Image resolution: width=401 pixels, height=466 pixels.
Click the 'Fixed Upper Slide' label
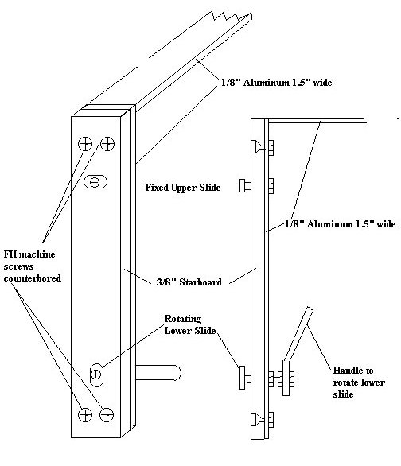pos(183,188)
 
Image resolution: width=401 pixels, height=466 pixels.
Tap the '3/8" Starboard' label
pos(189,282)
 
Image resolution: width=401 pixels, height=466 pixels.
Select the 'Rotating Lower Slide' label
pos(190,324)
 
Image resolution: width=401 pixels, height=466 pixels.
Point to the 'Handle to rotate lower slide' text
pos(359,383)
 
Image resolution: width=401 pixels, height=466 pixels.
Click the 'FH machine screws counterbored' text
pos(32,266)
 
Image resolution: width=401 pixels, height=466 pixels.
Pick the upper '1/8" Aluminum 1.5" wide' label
pos(276,83)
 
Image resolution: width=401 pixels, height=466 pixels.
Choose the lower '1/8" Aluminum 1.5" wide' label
pos(340,223)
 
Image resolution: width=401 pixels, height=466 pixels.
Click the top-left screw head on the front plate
pos(85,144)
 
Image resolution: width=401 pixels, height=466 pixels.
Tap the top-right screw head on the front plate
pos(107,144)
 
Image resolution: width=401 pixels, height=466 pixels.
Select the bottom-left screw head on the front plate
pos(84,415)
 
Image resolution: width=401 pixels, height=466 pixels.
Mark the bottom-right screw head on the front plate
pos(107,415)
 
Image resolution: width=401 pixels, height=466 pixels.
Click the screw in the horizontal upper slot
pos(95,182)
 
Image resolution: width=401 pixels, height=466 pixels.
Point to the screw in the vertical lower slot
pos(95,375)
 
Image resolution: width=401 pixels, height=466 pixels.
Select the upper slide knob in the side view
pos(245,186)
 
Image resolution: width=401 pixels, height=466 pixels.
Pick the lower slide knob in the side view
pos(245,378)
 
